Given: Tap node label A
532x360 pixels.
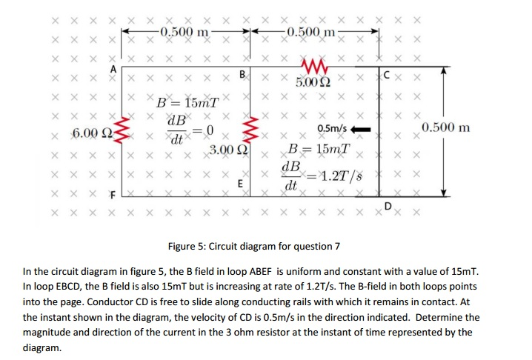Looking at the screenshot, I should [x=113, y=67].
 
